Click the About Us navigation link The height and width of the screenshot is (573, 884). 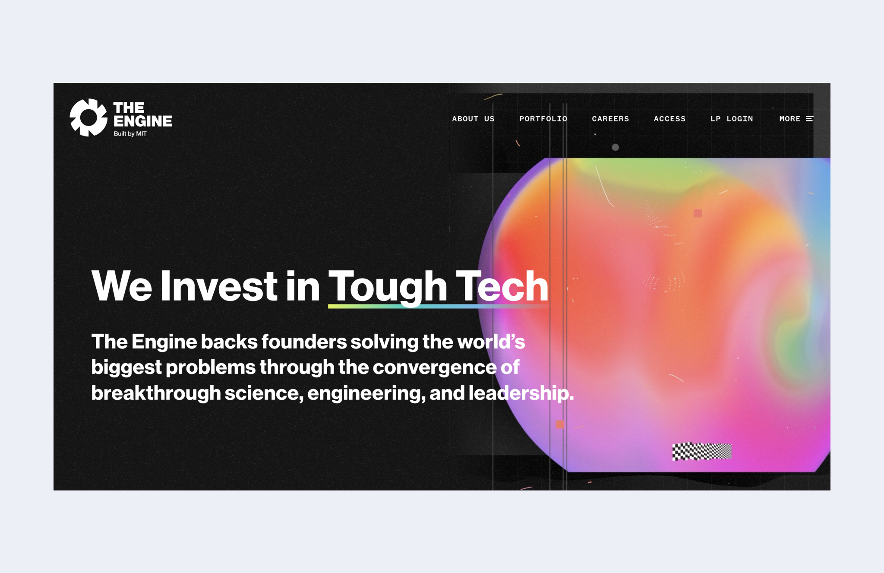point(473,119)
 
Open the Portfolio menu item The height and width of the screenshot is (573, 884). point(543,119)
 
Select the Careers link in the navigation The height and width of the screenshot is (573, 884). point(610,119)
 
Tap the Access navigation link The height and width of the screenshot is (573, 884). point(669,119)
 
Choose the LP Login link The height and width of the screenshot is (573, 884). point(732,119)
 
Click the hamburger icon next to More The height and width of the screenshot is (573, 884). point(810,119)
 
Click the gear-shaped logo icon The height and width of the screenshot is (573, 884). point(88,117)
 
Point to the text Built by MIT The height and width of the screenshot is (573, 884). point(130,134)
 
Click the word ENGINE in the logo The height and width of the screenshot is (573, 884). point(142,121)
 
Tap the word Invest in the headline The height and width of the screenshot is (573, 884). point(219,286)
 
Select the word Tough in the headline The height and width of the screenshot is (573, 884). point(388,287)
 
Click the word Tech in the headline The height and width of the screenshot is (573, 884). point(502,286)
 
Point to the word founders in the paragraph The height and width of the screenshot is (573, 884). point(304,342)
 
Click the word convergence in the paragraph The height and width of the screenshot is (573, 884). point(434,367)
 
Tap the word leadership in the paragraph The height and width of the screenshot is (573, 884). point(521,393)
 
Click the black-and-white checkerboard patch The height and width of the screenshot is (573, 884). point(702,452)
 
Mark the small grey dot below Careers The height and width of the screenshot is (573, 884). point(616,147)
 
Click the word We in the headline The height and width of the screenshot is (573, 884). point(122,286)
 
